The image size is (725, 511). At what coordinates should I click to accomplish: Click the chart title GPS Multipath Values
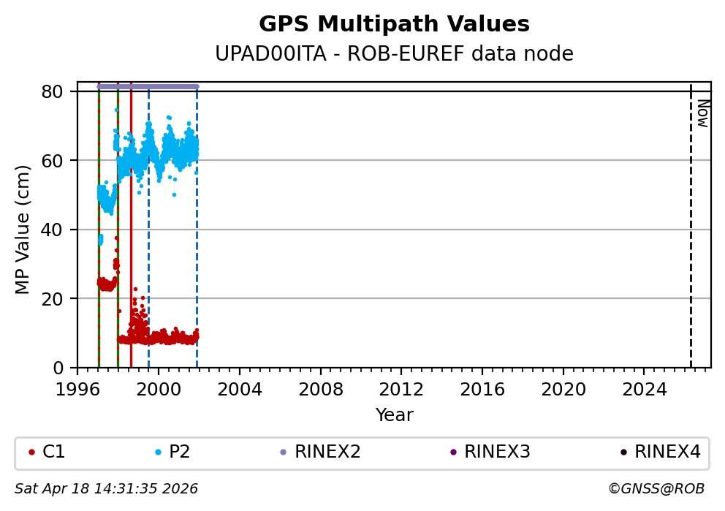[x=394, y=24]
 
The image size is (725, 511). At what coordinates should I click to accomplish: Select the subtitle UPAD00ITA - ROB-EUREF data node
[x=394, y=54]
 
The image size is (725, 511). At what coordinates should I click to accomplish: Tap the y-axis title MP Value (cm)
[x=23, y=230]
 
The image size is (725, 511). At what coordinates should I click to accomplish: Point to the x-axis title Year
[x=394, y=415]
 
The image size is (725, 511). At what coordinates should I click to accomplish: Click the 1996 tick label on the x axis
[x=77, y=389]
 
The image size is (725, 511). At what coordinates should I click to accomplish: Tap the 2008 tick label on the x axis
[x=320, y=389]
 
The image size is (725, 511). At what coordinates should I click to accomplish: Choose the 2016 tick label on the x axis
[x=482, y=389]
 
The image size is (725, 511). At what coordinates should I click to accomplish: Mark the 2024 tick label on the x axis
[x=644, y=389]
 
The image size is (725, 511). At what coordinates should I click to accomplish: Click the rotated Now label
[x=702, y=113]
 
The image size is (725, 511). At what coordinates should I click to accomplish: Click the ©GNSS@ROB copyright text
[x=656, y=488]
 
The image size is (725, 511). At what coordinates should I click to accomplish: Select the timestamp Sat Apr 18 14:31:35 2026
[x=107, y=488]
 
